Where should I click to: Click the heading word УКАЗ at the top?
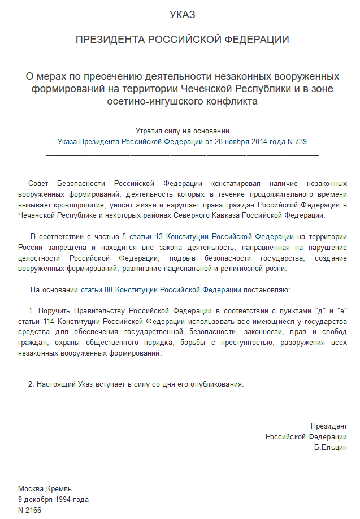(183, 15)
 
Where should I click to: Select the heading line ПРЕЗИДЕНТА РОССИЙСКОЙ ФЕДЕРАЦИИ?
(183, 40)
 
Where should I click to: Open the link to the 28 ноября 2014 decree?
(182, 142)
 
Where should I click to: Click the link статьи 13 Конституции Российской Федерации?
(212, 236)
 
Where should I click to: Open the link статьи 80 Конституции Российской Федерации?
(162, 289)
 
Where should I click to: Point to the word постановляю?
(267, 289)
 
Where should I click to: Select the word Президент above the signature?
(328, 426)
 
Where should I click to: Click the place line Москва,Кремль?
(45, 488)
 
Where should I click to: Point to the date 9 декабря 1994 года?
(53, 499)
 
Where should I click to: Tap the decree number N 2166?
(29, 510)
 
